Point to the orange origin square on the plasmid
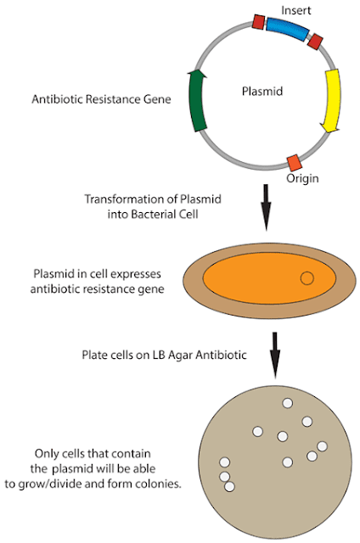click(294, 162)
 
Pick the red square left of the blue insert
click(259, 21)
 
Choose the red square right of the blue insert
click(315, 42)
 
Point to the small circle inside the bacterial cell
click(307, 277)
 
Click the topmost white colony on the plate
click(307, 421)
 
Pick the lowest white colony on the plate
click(229, 487)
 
